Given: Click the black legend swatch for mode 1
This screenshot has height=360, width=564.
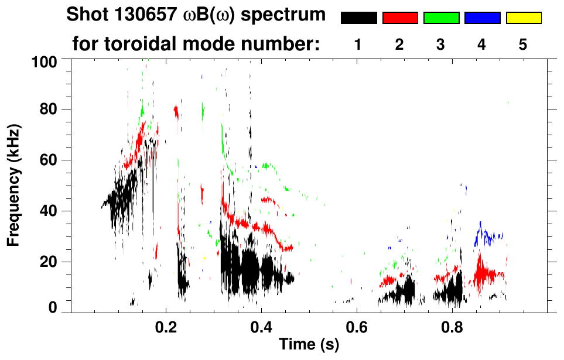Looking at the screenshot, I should point(358,18).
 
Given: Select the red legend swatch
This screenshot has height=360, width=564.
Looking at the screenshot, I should point(400,18).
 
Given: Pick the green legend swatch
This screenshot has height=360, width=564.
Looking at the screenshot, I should point(441,18).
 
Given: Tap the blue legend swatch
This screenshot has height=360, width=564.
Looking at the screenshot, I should point(482,18).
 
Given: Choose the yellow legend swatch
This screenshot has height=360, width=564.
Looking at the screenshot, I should point(523,18).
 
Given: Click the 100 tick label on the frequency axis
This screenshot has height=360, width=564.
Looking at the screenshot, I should point(44,60).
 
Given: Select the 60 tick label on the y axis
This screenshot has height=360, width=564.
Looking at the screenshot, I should point(48,160).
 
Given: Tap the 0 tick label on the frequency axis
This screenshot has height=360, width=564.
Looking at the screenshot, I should point(53,307).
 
